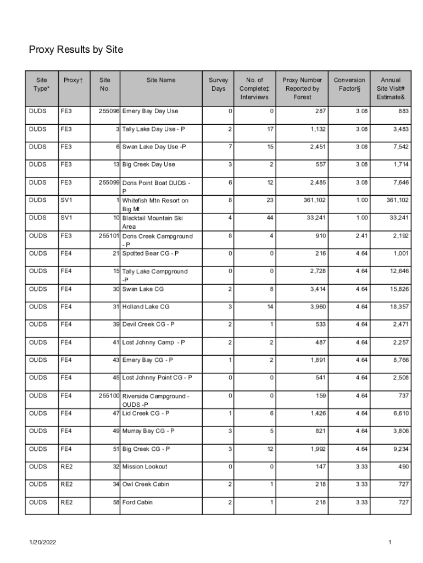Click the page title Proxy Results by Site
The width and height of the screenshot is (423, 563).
76,51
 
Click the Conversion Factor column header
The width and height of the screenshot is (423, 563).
349,84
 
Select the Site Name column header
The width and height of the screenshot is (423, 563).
161,80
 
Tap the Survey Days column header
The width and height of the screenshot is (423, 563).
218,84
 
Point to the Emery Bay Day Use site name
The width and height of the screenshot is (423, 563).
150,111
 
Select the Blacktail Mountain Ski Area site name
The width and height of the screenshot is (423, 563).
155,222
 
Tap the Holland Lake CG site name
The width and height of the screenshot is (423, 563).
146,307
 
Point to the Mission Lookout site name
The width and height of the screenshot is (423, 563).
144,467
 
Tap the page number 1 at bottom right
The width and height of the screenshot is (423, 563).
389,543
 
